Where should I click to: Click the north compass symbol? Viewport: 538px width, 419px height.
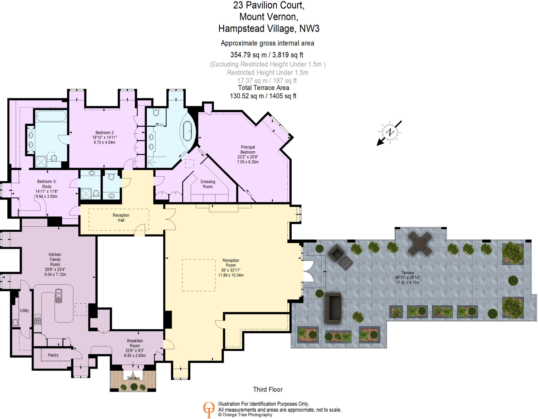click(x=390, y=132)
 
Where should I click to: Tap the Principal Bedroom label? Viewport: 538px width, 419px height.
click(x=248, y=150)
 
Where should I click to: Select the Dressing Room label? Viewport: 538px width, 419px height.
click(x=208, y=184)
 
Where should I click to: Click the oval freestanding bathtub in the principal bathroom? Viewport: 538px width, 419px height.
click(x=188, y=131)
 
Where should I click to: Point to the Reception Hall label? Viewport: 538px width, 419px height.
click(x=121, y=218)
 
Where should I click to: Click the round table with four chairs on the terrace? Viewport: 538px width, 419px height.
click(x=420, y=243)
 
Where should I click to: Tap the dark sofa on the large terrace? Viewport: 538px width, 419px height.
click(x=333, y=308)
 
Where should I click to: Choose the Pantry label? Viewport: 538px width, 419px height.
click(x=53, y=355)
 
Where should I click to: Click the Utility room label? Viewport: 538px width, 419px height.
click(x=24, y=310)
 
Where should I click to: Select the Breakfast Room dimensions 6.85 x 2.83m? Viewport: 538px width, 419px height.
click(x=135, y=356)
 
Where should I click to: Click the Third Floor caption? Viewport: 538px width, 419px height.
click(x=268, y=389)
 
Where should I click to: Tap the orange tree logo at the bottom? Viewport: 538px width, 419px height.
click(x=209, y=410)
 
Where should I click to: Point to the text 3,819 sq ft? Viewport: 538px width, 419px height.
click(x=288, y=55)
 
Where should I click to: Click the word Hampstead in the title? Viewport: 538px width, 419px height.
click(x=241, y=28)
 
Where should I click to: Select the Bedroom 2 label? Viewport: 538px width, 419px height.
click(x=105, y=132)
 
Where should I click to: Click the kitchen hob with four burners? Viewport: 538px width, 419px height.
click(x=38, y=321)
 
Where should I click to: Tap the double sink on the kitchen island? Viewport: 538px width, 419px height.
click(x=59, y=296)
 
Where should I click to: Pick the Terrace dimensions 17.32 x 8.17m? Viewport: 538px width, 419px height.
click(x=408, y=283)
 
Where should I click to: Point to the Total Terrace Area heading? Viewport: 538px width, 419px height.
click(x=263, y=88)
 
